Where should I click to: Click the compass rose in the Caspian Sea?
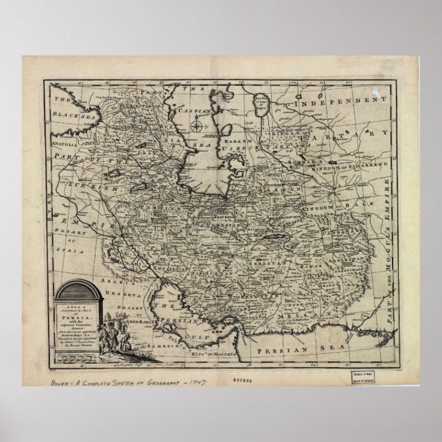pyautogui.click(x=196, y=126)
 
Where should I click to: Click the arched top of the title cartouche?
pyautogui.click(x=75, y=288)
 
